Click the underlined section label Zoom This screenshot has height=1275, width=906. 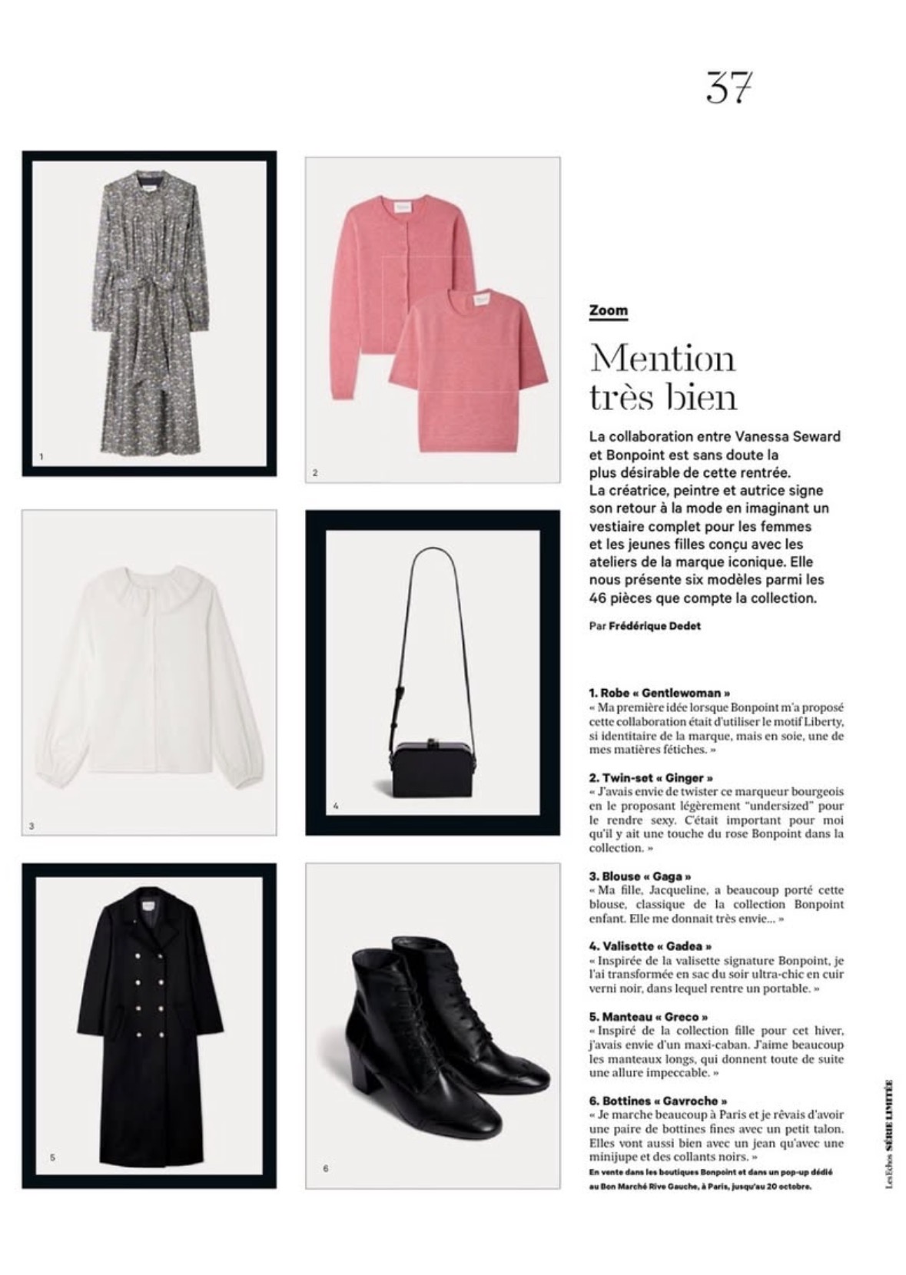click(x=608, y=311)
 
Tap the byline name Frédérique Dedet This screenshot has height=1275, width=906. click(x=654, y=625)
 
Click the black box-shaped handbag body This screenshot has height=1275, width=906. click(x=424, y=764)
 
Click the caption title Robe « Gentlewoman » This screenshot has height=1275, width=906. click(x=659, y=693)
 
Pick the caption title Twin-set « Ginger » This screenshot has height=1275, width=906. click(x=651, y=777)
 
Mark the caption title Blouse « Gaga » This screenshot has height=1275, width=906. click(x=639, y=876)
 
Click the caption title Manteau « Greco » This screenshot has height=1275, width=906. click(x=649, y=1017)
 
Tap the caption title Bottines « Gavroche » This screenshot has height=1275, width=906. click(x=658, y=1101)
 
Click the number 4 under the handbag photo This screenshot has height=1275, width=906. click(x=336, y=806)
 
